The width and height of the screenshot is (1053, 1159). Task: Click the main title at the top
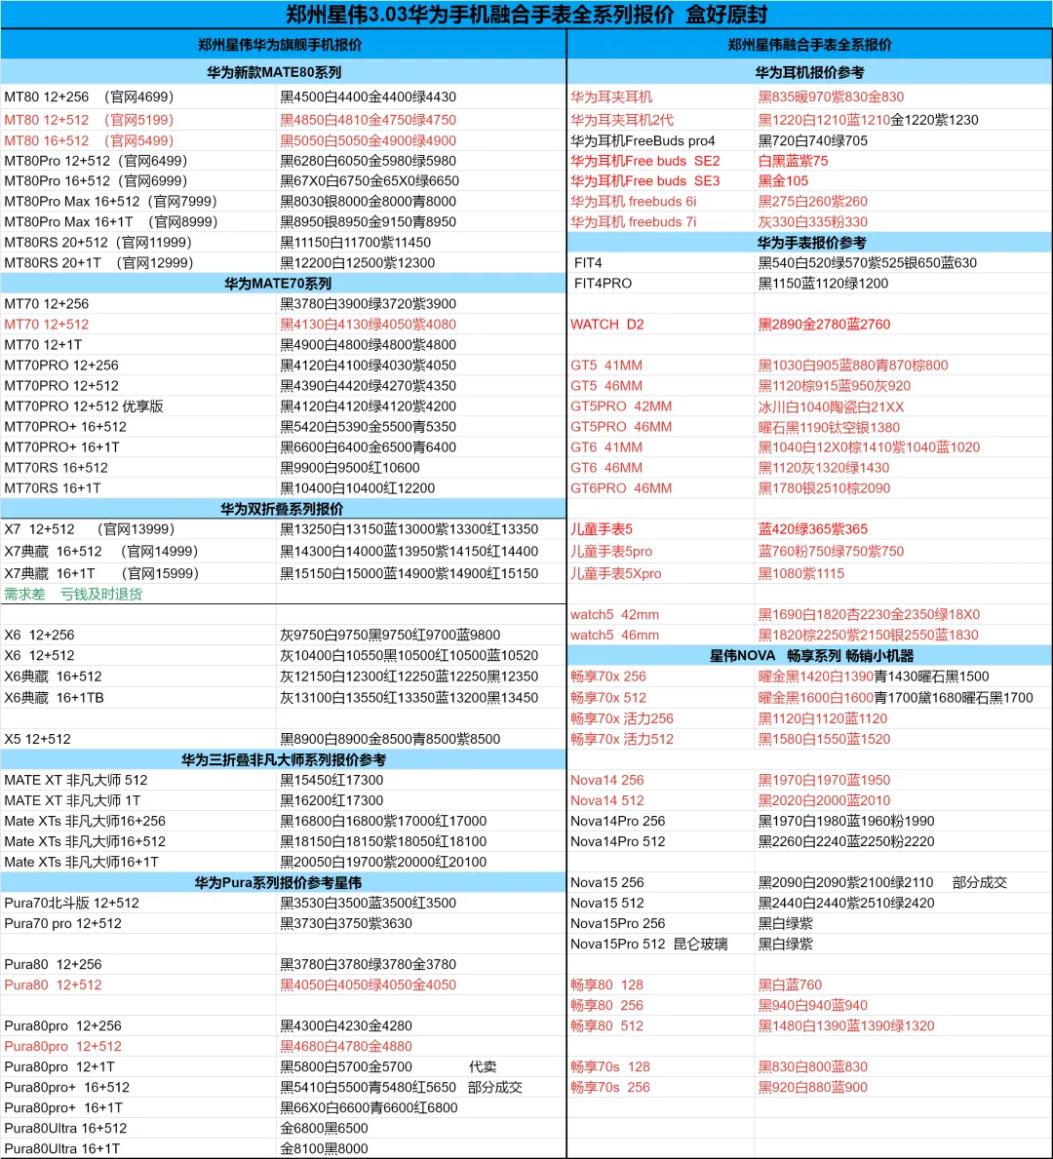pyautogui.click(x=526, y=15)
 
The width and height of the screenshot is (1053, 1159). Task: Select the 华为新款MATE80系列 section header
pyautogui.click(x=274, y=72)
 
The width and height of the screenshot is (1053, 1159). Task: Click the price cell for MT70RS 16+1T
pyautogui.click(x=358, y=487)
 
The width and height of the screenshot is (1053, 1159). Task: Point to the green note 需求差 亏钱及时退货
pyautogui.click(x=73, y=594)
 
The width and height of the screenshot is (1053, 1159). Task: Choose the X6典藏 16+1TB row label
pyautogui.click(x=54, y=697)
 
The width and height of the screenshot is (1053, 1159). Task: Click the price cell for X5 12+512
pyautogui.click(x=390, y=739)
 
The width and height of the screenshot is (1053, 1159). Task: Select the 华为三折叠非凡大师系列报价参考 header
pyautogui.click(x=284, y=759)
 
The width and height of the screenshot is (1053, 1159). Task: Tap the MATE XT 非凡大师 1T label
pyautogui.click(x=72, y=800)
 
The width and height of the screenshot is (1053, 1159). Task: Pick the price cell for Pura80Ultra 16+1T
pyautogui.click(x=325, y=1148)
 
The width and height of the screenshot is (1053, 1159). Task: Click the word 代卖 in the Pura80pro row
pyautogui.click(x=483, y=1066)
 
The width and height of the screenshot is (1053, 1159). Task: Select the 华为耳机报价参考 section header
pyautogui.click(x=809, y=72)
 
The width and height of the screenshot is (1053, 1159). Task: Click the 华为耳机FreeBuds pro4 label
pyautogui.click(x=643, y=140)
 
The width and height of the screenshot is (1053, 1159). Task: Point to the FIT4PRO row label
pyautogui.click(x=603, y=283)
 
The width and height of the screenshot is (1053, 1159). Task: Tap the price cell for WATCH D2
pyautogui.click(x=824, y=324)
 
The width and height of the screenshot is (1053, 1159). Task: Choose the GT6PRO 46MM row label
pyautogui.click(x=621, y=487)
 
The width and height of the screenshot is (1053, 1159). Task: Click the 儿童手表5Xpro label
pyautogui.click(x=615, y=573)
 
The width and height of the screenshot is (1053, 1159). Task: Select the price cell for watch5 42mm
pyautogui.click(x=869, y=614)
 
